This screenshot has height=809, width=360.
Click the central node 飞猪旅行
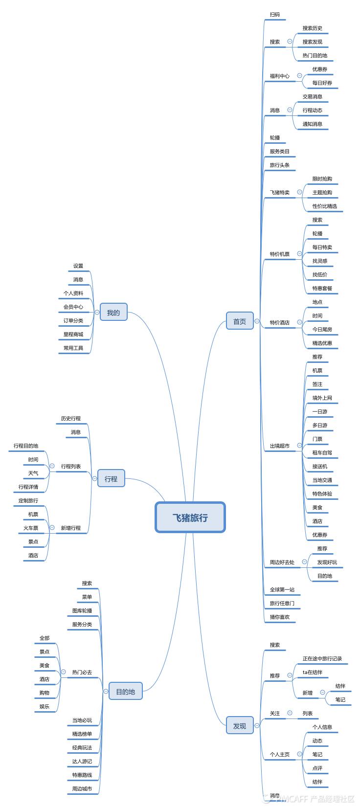click(190, 517)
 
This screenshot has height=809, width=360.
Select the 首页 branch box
click(240, 321)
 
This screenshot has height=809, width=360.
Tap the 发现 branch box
click(240, 725)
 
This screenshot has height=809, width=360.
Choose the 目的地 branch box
click(125, 691)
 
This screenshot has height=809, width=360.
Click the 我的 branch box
click(113, 313)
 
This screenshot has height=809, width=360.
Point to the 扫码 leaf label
click(275, 15)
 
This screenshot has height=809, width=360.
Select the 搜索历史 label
click(313, 28)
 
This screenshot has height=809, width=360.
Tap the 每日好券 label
click(322, 83)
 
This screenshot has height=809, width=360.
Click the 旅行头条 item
click(279, 165)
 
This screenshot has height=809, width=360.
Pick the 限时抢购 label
click(322, 179)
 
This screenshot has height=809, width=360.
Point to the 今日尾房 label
click(322, 329)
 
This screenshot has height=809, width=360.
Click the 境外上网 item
click(322, 398)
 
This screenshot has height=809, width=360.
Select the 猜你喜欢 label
click(279, 617)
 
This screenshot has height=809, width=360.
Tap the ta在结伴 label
click(313, 672)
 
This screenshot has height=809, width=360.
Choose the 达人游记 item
click(82, 761)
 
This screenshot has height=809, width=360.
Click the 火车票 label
click(31, 528)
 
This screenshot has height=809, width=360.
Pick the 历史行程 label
click(71, 418)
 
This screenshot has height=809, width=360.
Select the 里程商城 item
click(73, 335)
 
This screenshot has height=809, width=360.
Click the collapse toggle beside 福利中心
click(299, 75)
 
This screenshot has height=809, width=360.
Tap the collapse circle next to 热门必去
click(63, 672)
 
